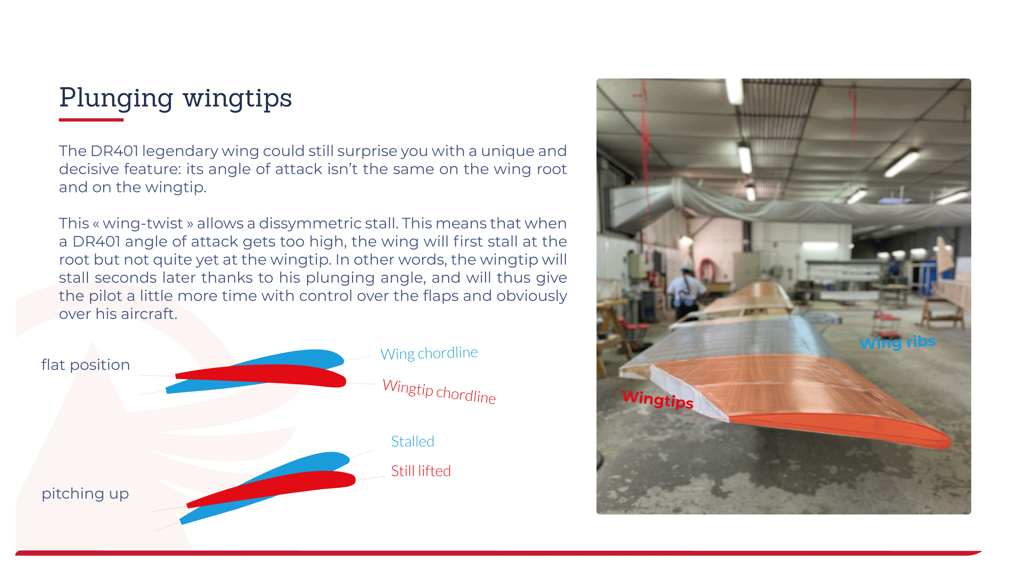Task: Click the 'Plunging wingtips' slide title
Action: click(x=175, y=97)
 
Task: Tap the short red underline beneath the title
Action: click(x=91, y=120)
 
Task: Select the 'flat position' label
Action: click(x=86, y=365)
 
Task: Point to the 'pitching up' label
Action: click(x=85, y=493)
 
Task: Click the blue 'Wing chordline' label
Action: click(x=429, y=353)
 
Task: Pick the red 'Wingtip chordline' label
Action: click(x=439, y=391)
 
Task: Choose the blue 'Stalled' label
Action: click(x=412, y=441)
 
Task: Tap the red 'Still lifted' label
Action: click(x=421, y=471)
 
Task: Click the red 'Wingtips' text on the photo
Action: click(x=658, y=399)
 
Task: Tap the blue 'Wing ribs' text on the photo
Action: click(x=897, y=342)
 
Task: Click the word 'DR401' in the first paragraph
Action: click(x=114, y=151)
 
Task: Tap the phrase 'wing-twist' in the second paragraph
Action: click(x=143, y=223)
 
